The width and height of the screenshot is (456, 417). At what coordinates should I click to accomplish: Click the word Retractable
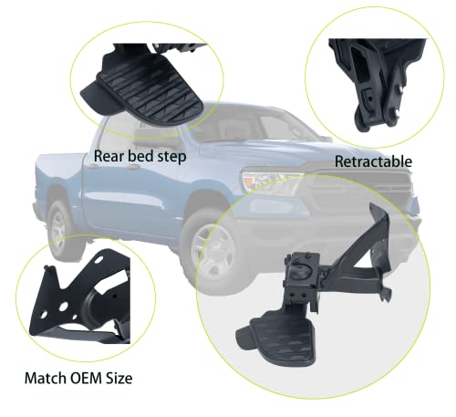(x=373, y=162)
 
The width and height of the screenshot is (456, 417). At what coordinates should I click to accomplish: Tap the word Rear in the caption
(x=109, y=157)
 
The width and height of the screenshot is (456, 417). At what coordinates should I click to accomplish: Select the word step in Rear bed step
(x=171, y=157)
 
